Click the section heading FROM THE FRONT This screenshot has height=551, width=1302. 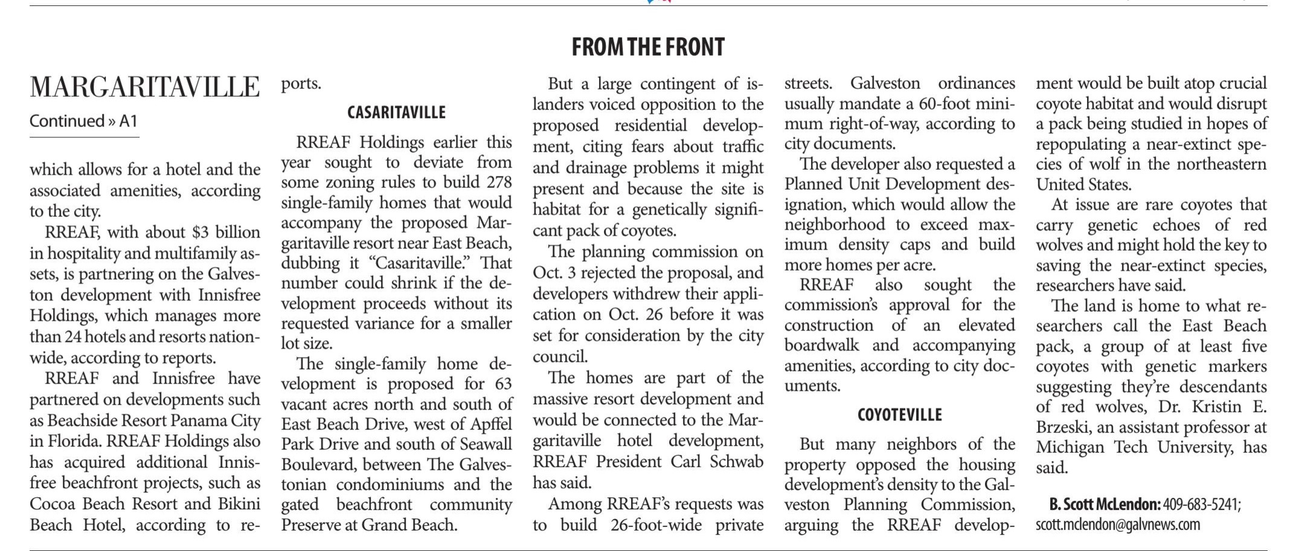[647, 47]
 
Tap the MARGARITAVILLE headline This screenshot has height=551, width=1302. [145, 88]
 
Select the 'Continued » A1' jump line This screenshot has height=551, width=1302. [83, 121]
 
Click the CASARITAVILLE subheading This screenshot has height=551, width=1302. [396, 112]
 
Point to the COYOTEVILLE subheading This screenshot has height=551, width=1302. [899, 415]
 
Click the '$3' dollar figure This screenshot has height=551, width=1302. [199, 233]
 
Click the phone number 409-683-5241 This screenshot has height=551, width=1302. [1201, 504]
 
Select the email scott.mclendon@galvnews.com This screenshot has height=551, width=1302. [1118, 524]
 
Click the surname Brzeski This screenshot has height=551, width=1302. [1063, 427]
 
